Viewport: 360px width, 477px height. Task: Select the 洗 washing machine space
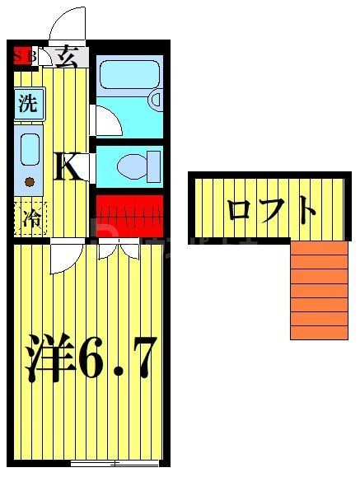click(28, 105)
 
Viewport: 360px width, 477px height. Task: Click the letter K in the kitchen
click(68, 168)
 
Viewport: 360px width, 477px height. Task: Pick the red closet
click(129, 215)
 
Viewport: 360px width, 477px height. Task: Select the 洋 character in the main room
click(48, 356)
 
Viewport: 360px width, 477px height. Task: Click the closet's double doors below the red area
click(115, 248)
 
